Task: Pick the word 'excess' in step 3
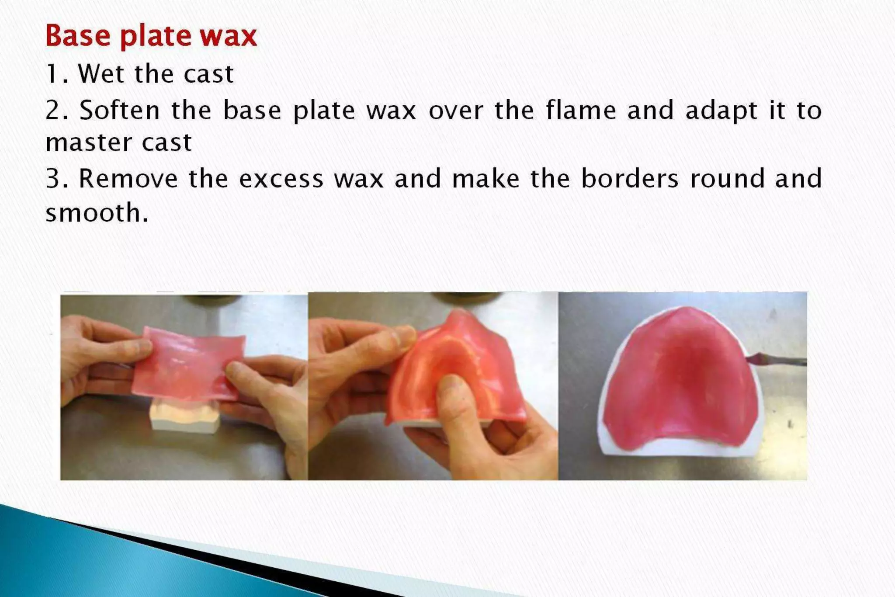[281, 179]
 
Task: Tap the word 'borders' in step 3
[630, 179]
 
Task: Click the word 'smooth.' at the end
[97, 213]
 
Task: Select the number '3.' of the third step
[57, 179]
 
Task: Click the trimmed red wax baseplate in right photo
[682, 376]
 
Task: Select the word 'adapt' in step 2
[721, 110]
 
